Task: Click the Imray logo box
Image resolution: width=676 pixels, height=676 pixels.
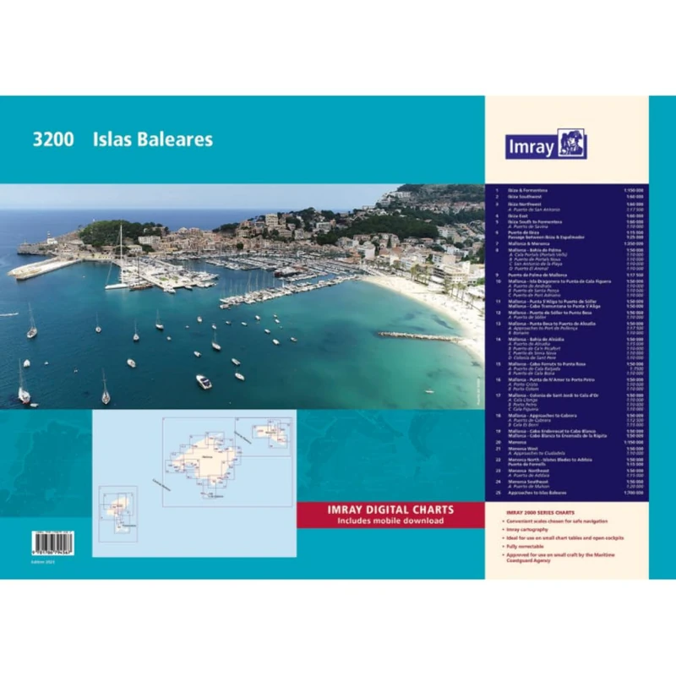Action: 545,144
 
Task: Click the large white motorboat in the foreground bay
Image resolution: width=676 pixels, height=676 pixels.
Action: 204,381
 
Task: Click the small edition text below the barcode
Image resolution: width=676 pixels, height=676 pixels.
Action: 42,561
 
